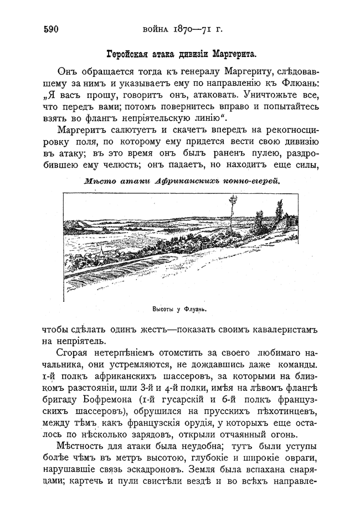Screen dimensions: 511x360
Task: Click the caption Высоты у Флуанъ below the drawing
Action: click(x=183, y=309)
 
